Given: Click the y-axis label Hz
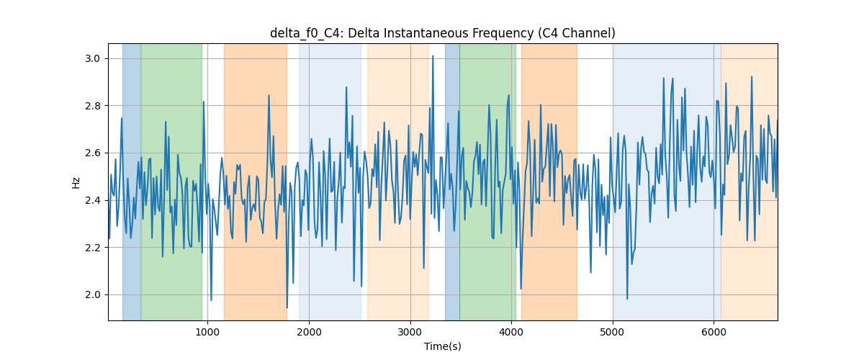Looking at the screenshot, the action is (x=76, y=182).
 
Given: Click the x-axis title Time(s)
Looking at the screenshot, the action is (x=442, y=346).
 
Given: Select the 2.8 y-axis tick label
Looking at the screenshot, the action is (x=93, y=106).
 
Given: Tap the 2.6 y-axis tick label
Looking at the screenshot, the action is (x=93, y=153).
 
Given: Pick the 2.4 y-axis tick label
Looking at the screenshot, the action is (x=93, y=200).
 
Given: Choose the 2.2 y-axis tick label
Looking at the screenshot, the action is (x=93, y=248).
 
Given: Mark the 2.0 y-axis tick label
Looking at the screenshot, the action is (x=93, y=294).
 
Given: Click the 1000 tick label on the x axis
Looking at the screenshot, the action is (x=207, y=332).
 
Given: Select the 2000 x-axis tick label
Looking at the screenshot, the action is (x=309, y=332).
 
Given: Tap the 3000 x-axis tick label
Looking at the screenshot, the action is (x=410, y=332).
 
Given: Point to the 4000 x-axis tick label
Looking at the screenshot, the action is (x=511, y=332).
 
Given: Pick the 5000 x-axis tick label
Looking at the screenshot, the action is (x=613, y=332).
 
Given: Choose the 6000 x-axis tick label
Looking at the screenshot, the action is (x=714, y=332).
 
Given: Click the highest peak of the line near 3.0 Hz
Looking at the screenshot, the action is (x=433, y=56).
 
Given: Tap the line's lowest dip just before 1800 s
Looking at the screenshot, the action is (x=287, y=307).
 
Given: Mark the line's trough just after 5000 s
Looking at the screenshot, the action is (x=627, y=299).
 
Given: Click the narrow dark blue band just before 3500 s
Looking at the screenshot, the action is (x=452, y=181).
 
